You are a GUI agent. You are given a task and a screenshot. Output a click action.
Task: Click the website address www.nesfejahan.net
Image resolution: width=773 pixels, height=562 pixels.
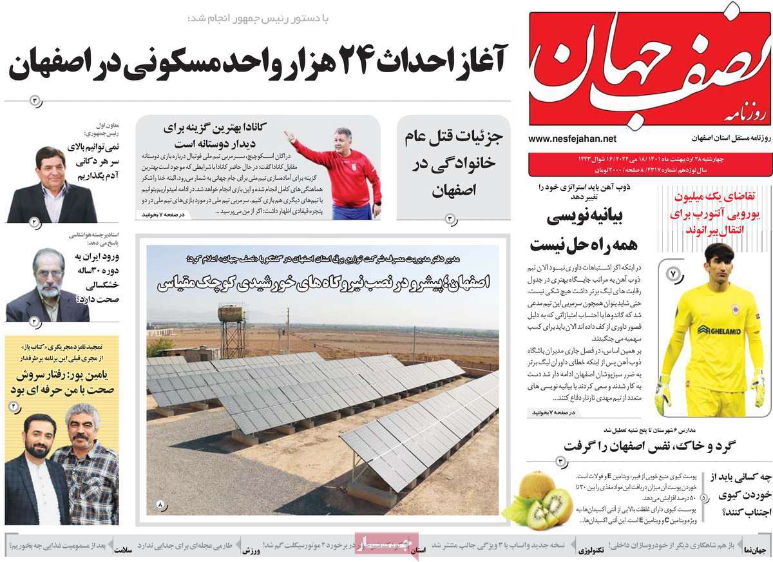point(572,139)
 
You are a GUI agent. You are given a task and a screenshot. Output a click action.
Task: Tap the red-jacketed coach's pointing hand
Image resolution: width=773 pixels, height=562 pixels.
point(289,137)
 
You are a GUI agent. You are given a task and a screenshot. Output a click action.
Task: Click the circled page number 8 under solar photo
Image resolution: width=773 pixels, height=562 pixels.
point(160,503)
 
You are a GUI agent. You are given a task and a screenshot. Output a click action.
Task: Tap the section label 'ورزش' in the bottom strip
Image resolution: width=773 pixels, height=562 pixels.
point(251,551)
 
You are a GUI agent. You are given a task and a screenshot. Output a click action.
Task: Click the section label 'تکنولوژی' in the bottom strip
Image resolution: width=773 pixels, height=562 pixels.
point(591,551)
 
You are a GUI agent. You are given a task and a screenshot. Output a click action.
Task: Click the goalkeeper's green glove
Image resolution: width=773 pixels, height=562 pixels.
point(663,396)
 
